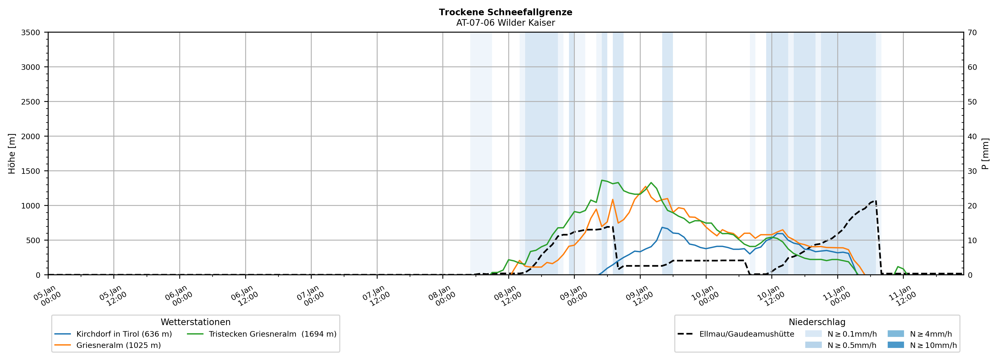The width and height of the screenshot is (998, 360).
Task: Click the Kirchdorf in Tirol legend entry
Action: tap(124, 334)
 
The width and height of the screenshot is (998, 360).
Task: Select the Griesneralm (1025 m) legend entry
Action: tap(118, 345)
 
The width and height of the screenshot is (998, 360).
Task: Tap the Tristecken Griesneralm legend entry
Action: tap(272, 334)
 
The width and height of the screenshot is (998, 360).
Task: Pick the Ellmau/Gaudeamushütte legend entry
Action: tap(746, 334)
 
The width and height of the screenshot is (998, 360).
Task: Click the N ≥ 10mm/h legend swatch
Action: tap(895, 345)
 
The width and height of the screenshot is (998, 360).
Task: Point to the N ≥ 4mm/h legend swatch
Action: tap(895, 334)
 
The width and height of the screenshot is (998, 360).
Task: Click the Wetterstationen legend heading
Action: tap(195, 322)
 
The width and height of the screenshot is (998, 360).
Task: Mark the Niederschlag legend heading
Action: tap(817, 322)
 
